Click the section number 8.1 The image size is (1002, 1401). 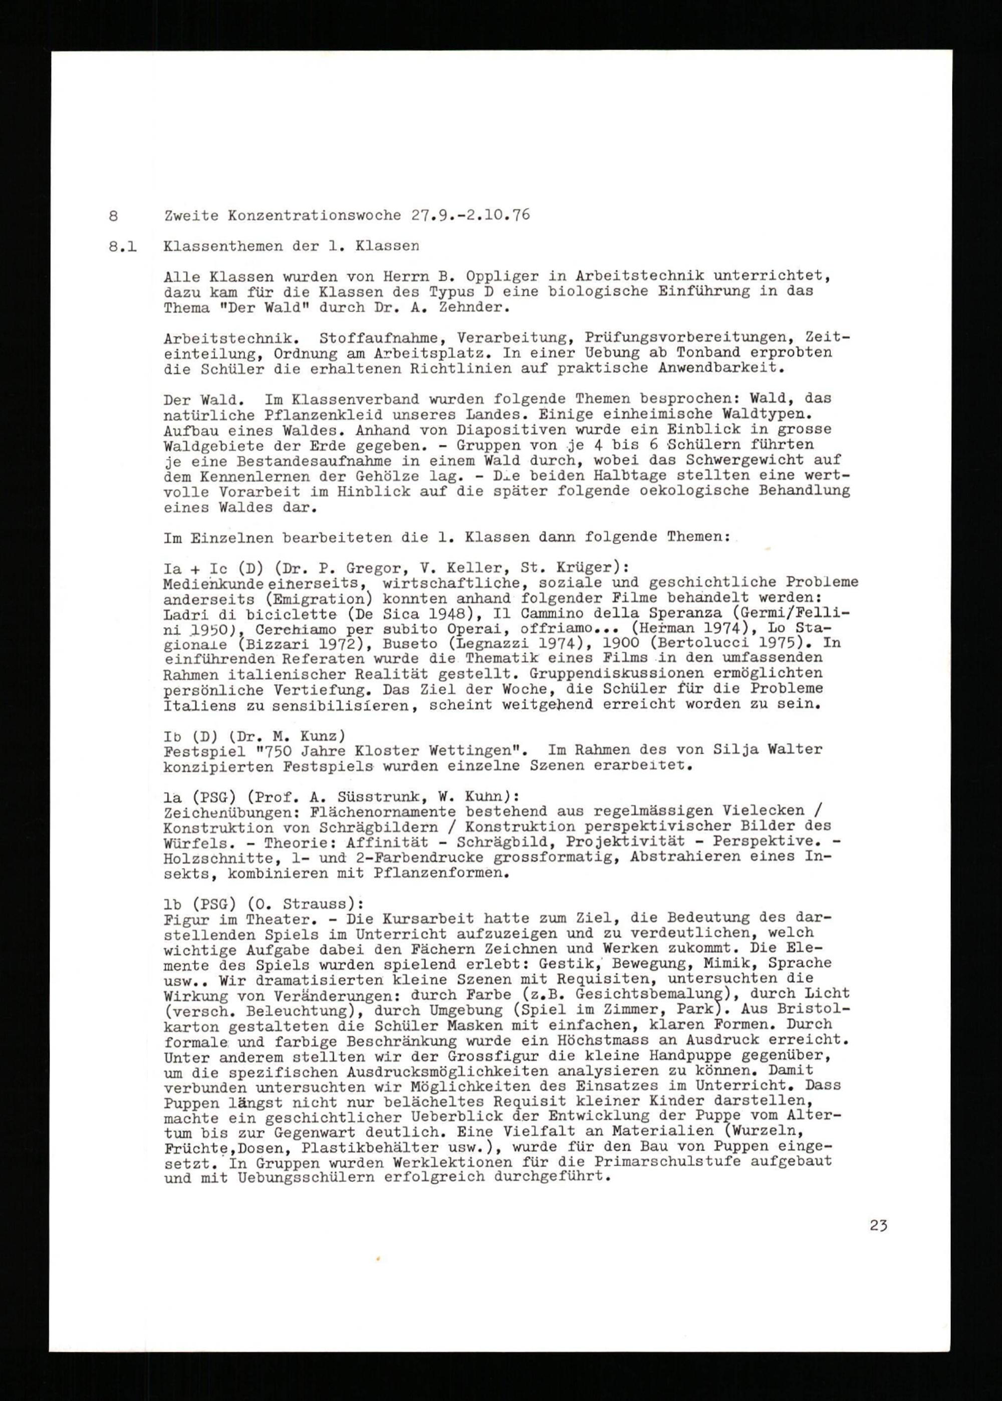[x=123, y=245]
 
